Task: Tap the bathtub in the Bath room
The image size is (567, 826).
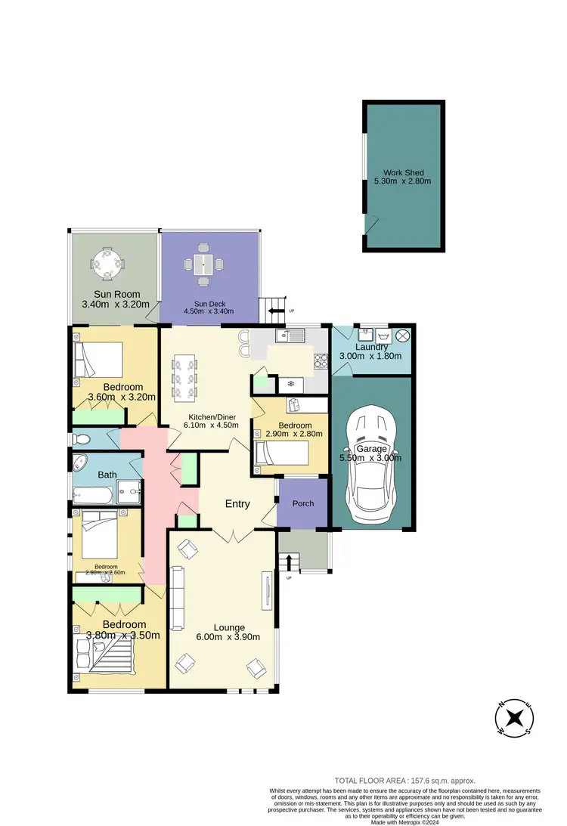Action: coord(91,495)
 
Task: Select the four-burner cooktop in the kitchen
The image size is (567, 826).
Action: coord(321,361)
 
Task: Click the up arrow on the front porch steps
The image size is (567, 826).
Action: coord(288,562)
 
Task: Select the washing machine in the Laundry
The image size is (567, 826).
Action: coord(384,335)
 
